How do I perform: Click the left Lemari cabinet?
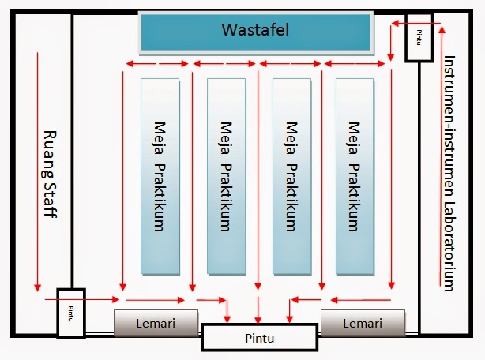tap(156, 323)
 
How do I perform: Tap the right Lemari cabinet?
tap(363, 323)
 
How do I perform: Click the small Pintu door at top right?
tap(419, 37)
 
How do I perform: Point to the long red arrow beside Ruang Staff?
tap(36, 170)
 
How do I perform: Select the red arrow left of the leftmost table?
tap(122, 178)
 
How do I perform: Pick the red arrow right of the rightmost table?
tap(390, 178)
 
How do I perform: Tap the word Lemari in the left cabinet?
tap(156, 323)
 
